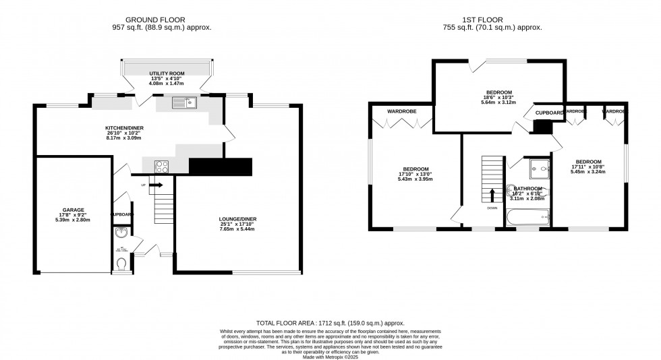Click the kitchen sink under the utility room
[183, 102]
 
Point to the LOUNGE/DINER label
[237, 219]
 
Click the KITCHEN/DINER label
[124, 128]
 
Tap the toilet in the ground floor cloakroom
[121, 263]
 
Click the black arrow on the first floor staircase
[492, 195]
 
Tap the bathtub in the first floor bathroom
[527, 217]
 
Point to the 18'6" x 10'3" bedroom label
[498, 92]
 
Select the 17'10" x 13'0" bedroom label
[413, 169]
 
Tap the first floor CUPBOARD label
[550, 113]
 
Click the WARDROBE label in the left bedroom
[400, 111]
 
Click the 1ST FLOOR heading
[496, 20]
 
